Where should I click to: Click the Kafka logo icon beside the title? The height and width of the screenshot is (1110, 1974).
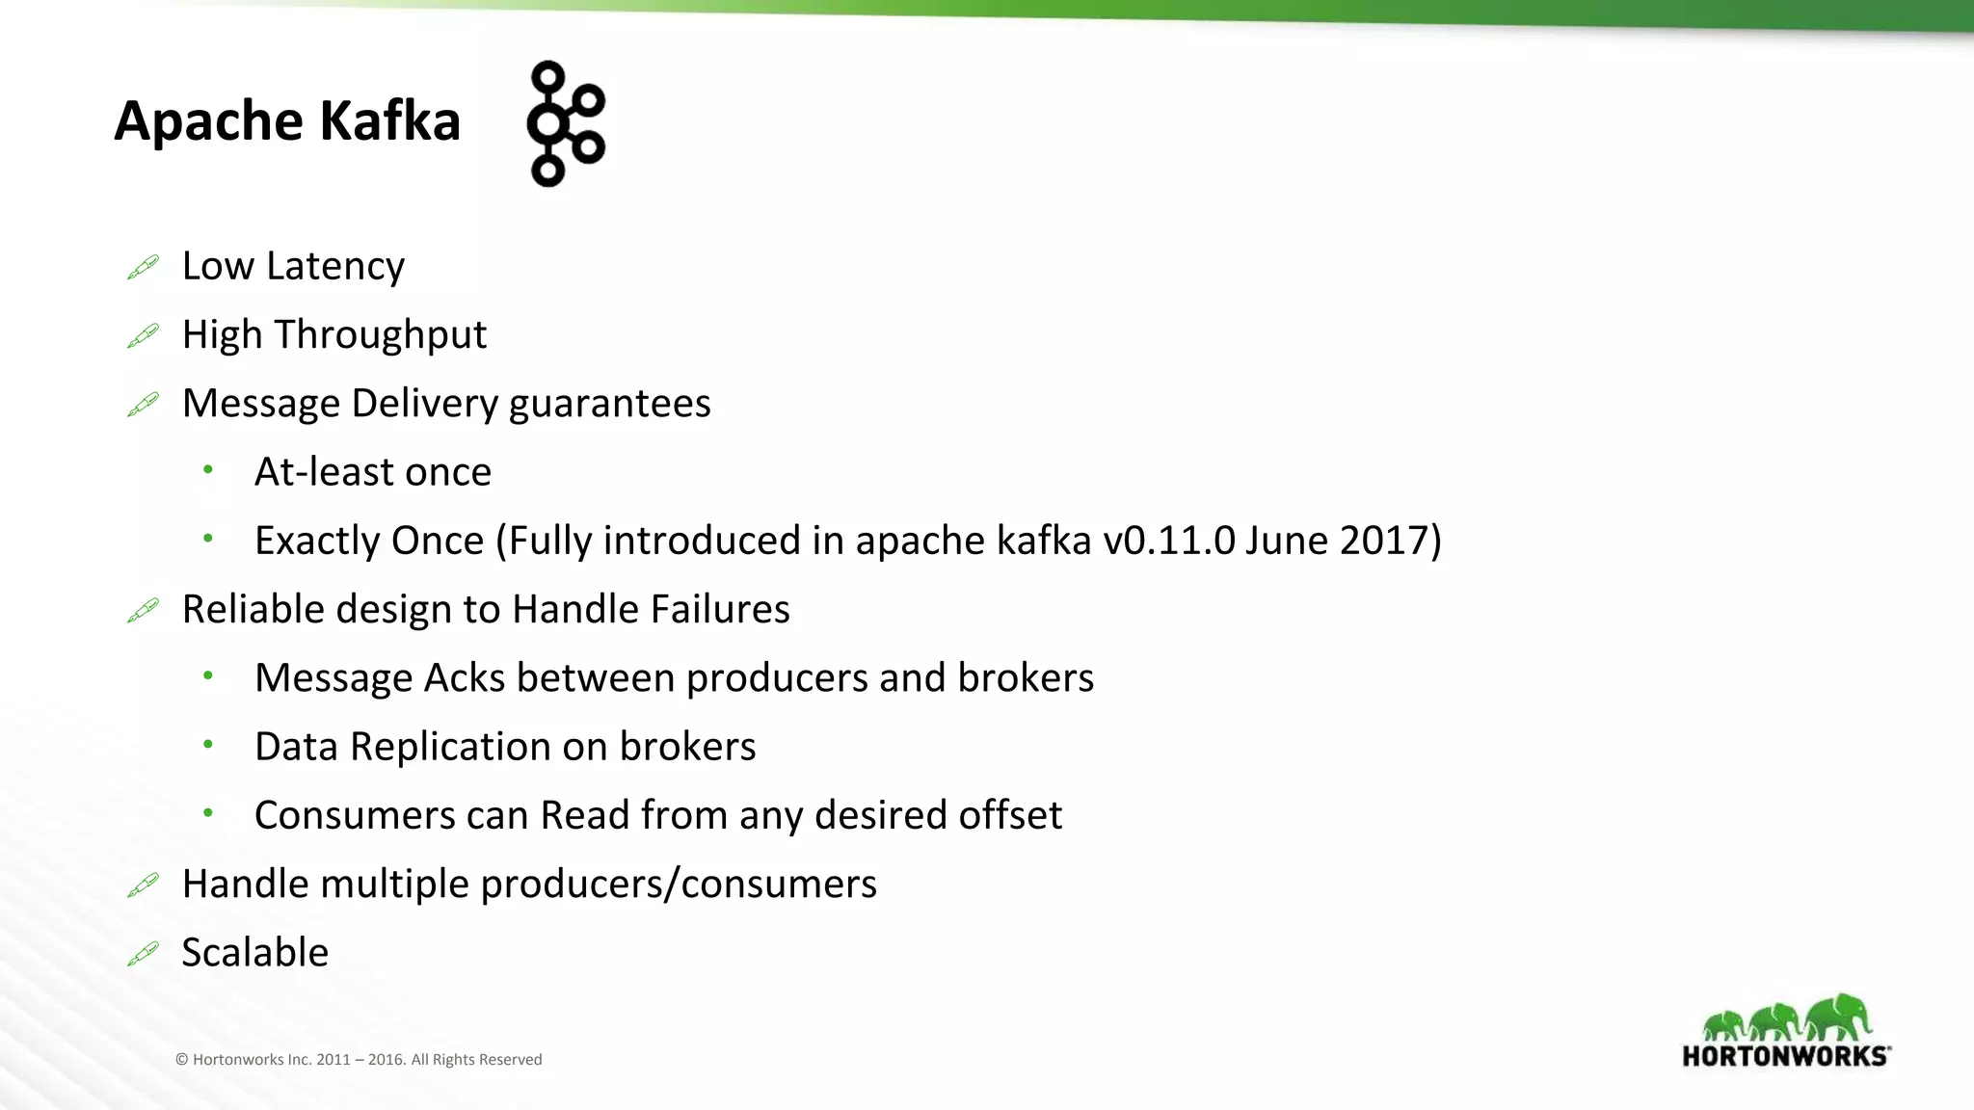pos(566,123)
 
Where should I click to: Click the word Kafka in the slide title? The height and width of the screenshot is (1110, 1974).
pos(389,121)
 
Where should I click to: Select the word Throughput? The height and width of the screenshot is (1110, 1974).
pos(381,335)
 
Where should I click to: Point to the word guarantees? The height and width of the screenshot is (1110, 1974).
pos(609,404)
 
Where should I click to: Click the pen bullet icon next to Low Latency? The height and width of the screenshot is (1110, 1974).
pos(143,267)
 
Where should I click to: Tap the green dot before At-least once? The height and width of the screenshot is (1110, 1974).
pos(208,470)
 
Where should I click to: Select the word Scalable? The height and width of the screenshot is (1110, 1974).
pos(255,953)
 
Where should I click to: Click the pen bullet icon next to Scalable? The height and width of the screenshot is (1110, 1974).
pos(143,954)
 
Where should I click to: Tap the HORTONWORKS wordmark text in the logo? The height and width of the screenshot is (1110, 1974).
pos(1785,1056)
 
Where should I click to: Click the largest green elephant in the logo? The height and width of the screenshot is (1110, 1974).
pos(1839,1017)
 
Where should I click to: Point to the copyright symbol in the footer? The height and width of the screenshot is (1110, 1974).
pos(181,1060)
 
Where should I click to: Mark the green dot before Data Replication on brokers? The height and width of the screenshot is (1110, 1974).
pos(208,745)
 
